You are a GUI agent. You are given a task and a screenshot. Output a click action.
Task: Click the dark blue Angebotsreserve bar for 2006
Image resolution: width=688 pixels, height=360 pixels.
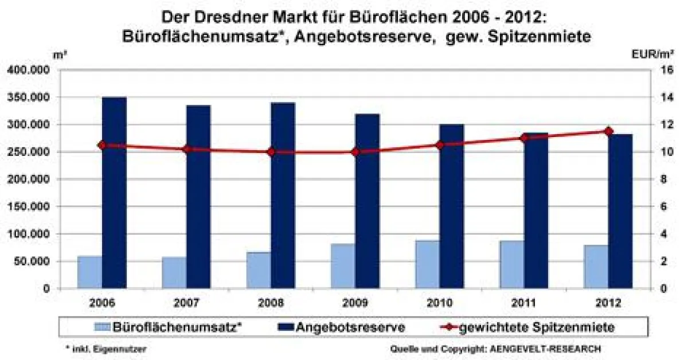(114, 192)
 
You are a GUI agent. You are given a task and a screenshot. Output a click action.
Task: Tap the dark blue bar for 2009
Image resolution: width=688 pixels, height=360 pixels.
(367, 201)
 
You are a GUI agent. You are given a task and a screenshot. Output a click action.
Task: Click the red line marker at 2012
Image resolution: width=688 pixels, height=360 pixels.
(608, 131)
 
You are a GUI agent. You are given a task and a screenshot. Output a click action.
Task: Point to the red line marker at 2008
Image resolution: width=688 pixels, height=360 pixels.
(271, 152)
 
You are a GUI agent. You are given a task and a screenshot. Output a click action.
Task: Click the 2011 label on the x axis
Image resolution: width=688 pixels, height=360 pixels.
(523, 302)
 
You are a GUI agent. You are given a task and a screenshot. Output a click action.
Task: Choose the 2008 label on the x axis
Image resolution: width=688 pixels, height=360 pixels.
(271, 302)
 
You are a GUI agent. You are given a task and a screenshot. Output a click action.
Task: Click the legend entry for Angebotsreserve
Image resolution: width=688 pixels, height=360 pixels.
(350, 327)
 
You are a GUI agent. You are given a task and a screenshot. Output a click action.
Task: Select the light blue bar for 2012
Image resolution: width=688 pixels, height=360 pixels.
(596, 267)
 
